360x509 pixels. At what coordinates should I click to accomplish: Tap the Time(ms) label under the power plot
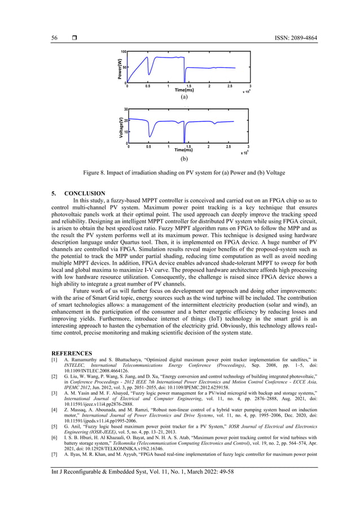coord(184,90)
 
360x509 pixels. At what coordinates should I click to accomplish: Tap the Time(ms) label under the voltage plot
coord(183,150)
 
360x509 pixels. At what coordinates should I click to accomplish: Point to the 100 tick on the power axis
coord(122,52)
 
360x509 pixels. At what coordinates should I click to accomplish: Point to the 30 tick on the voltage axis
coord(126,108)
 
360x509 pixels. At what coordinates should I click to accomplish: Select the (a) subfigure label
coord(184,97)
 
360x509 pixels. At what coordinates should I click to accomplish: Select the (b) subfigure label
coord(184,159)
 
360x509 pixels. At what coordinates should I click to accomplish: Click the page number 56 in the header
coord(54,38)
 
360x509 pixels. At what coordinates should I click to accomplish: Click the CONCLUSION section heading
coord(85,194)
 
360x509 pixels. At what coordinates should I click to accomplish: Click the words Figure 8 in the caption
coord(98,172)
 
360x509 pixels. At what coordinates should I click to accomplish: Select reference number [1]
coord(54,360)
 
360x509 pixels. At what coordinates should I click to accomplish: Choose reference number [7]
coord(54,454)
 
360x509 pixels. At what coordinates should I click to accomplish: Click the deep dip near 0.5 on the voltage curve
coord(150,135)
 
